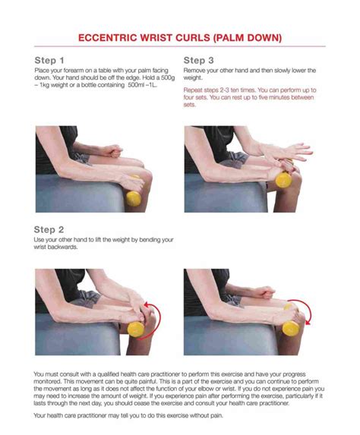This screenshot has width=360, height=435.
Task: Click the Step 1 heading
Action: (x=49, y=59)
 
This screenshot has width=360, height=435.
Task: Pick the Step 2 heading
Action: (x=49, y=229)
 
